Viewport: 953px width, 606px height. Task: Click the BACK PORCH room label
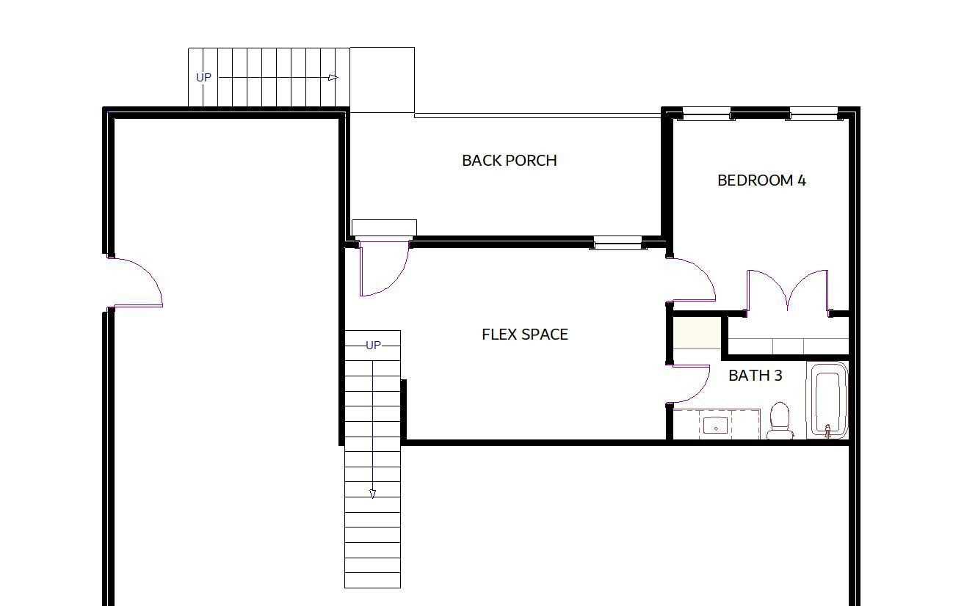[510, 161]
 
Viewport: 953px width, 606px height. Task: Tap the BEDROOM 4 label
[761, 180]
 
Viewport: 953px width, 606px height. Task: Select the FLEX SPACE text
[524, 335]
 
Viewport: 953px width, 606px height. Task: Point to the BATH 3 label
[755, 376]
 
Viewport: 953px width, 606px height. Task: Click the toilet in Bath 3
[780, 420]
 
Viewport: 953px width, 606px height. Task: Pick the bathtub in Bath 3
[827, 400]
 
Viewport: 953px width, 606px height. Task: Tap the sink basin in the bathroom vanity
[716, 426]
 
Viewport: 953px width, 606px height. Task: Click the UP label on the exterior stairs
[203, 77]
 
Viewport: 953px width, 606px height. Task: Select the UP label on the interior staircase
[373, 346]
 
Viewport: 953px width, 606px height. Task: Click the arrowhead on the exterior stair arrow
[333, 77]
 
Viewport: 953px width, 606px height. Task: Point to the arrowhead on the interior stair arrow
[373, 494]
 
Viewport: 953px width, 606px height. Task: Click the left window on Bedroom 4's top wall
[706, 114]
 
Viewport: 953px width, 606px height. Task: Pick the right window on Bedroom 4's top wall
[814, 114]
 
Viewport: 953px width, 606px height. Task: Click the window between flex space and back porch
[617, 243]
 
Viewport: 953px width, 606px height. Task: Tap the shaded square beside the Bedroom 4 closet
[697, 333]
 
